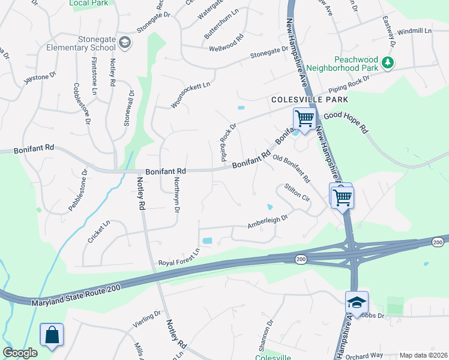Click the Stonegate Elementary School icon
click(125, 42)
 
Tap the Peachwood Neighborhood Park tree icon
click(388, 62)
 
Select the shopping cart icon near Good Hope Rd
click(304, 118)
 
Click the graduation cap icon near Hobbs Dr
click(357, 302)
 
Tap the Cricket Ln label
click(99, 232)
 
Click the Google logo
click(20, 353)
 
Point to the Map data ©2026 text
click(423, 355)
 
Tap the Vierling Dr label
click(147, 321)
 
